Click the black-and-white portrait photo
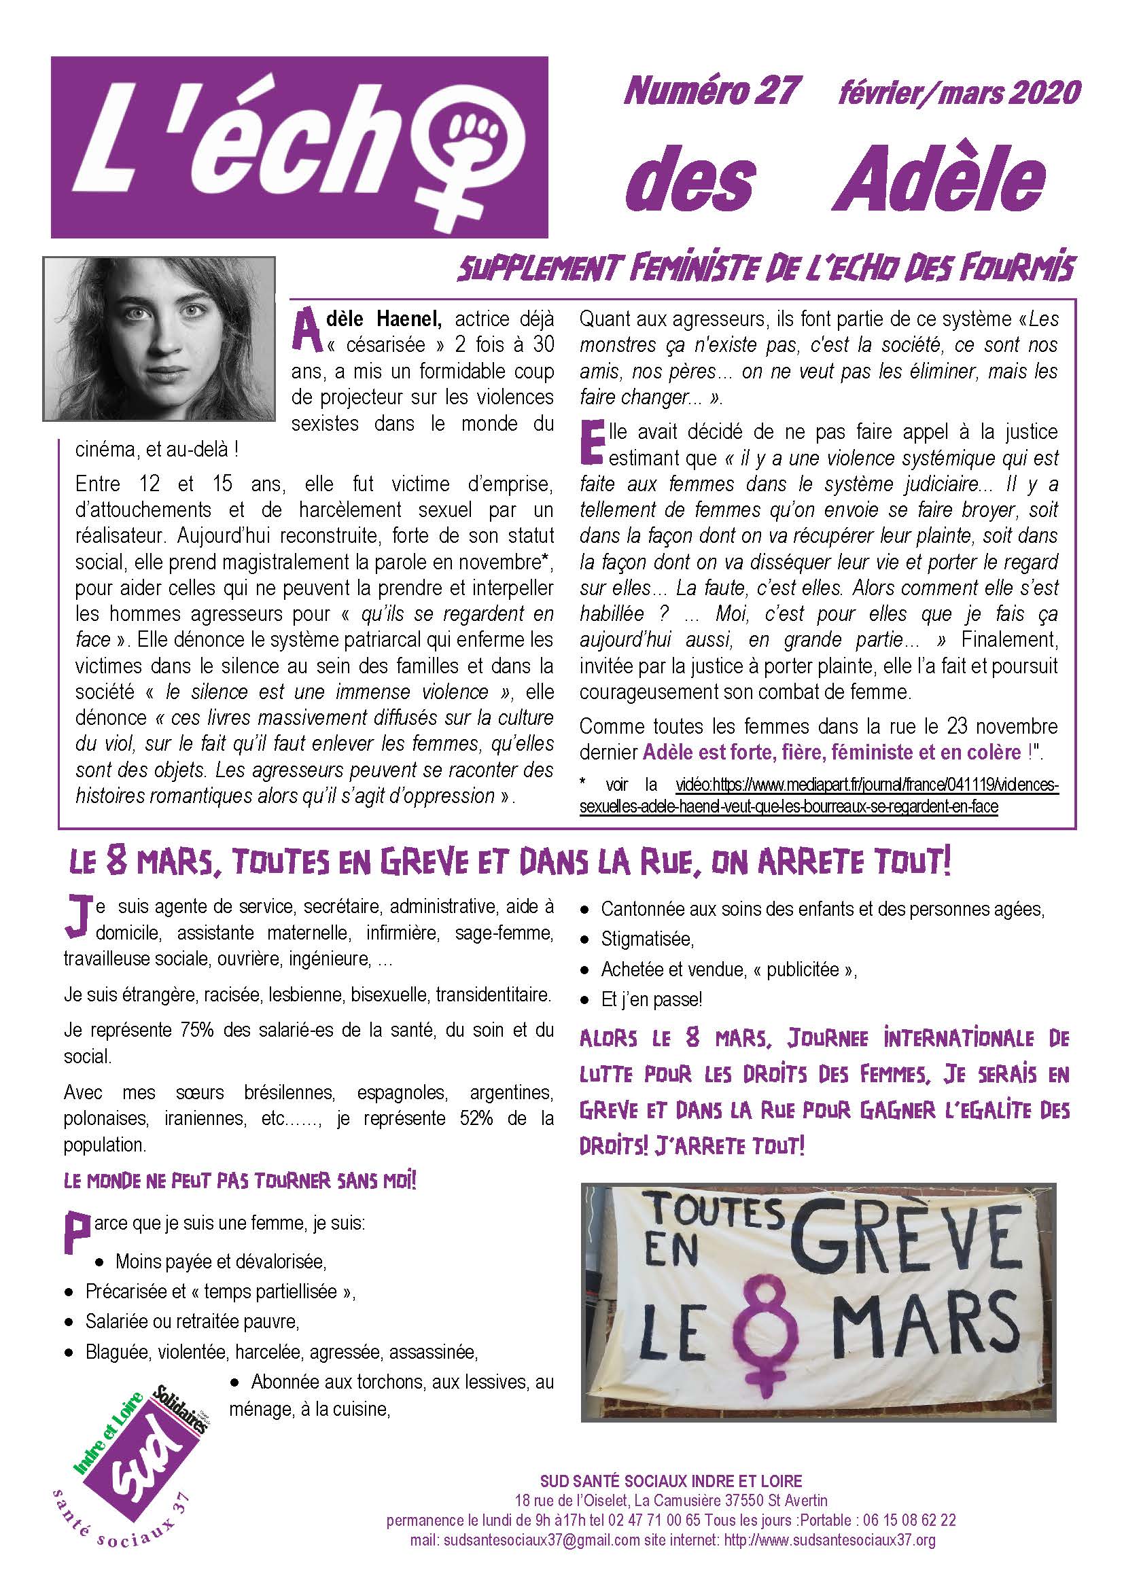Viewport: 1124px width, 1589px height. tap(159, 338)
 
